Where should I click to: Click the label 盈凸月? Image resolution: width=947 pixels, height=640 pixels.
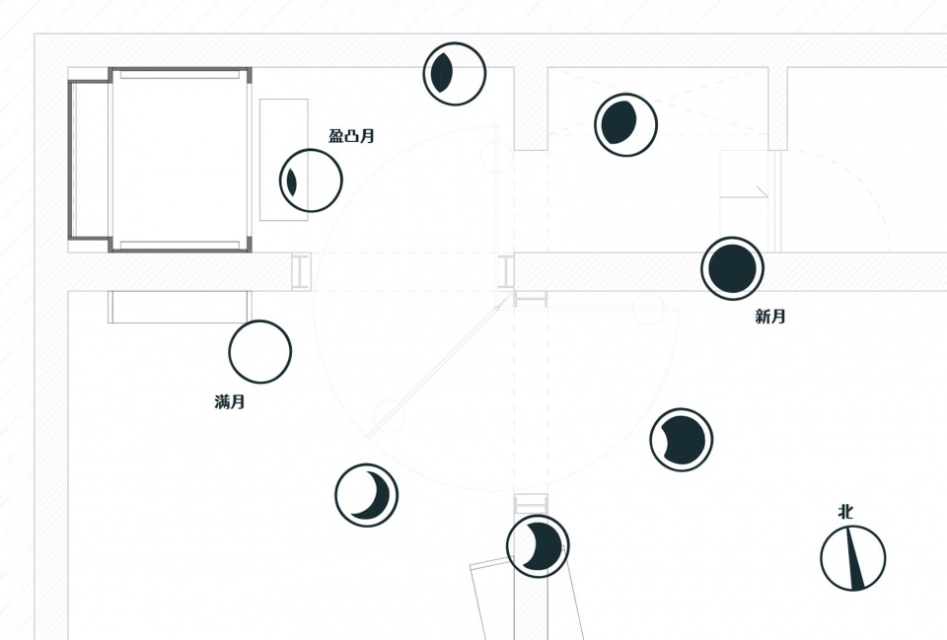pyautogui.click(x=351, y=136)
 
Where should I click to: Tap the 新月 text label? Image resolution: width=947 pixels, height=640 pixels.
pyautogui.click(x=770, y=317)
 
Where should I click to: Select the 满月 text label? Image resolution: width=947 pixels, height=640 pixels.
pyautogui.click(x=230, y=402)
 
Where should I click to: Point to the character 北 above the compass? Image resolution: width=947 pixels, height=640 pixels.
pyautogui.click(x=845, y=512)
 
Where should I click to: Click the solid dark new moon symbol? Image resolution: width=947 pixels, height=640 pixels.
pyautogui.click(x=733, y=268)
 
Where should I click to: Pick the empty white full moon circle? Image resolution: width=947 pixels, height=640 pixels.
pyautogui.click(x=260, y=351)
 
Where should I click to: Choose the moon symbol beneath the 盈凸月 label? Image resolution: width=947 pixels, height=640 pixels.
pyautogui.click(x=311, y=179)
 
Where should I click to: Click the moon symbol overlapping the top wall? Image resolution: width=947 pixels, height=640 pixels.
pyautogui.click(x=454, y=74)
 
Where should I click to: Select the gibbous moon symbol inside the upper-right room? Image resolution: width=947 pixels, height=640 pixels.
pyautogui.click(x=625, y=124)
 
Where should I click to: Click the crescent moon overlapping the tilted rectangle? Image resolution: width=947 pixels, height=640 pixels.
pyautogui.click(x=538, y=545)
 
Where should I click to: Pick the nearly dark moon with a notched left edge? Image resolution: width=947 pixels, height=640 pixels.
pyautogui.click(x=682, y=440)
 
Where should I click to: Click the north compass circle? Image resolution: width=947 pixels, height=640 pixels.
pyautogui.click(x=852, y=558)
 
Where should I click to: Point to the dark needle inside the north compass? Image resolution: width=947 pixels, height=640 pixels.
pyautogui.click(x=854, y=558)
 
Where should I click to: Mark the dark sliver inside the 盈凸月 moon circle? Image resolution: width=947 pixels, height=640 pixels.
pyautogui.click(x=292, y=181)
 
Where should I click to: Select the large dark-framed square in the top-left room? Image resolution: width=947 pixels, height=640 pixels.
pyautogui.click(x=180, y=160)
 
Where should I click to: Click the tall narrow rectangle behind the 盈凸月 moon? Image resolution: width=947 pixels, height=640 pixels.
pyautogui.click(x=284, y=160)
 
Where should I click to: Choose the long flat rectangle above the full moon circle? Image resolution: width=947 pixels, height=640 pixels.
pyautogui.click(x=179, y=307)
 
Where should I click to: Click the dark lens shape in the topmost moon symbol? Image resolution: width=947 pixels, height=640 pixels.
pyautogui.click(x=442, y=72)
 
